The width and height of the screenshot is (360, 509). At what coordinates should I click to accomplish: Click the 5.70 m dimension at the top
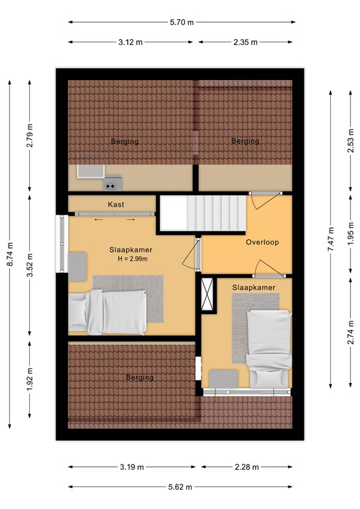tap(182, 22)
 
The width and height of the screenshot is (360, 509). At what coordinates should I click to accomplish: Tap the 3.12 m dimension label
tap(131, 42)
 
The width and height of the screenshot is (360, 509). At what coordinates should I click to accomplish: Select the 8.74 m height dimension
tap(10, 254)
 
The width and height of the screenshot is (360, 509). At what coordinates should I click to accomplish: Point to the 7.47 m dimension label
tap(330, 239)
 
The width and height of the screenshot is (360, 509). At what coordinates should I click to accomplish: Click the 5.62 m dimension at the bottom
tap(180, 487)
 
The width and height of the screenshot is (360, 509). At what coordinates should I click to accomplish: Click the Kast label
tap(116, 205)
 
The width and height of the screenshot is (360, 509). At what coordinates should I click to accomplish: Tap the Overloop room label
tap(263, 242)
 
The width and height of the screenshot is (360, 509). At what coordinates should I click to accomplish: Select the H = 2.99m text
tap(133, 259)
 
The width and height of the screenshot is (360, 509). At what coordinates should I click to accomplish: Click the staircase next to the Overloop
tap(203, 213)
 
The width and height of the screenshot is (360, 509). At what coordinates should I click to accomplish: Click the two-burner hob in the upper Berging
tap(113, 183)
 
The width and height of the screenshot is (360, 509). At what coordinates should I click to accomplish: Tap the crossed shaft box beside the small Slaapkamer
tap(208, 294)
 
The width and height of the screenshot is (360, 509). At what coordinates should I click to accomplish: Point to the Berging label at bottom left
tap(140, 378)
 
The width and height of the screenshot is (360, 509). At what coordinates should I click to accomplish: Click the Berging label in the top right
tap(245, 141)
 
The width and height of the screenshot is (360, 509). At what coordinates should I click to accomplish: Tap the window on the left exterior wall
tap(62, 244)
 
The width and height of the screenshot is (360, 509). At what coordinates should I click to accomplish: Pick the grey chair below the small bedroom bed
tap(223, 378)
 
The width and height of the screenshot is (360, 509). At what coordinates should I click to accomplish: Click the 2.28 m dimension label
tap(247, 467)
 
